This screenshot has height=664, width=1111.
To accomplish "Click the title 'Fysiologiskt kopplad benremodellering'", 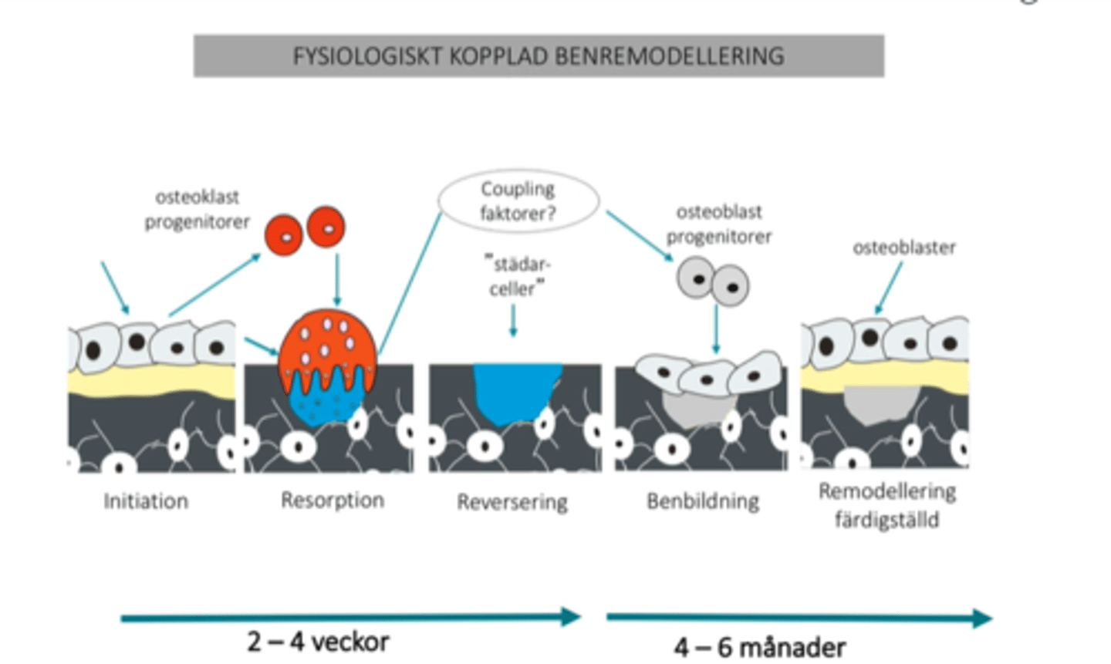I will pyautogui.click(x=538, y=56).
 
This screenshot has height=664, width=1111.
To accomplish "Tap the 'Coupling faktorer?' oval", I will pyautogui.click(x=518, y=201).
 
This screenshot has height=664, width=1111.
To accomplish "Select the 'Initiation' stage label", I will pyautogui.click(x=146, y=501).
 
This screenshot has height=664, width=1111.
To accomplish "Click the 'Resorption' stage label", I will pyautogui.click(x=332, y=501).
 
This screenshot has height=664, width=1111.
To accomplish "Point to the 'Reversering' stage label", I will pyautogui.click(x=512, y=502).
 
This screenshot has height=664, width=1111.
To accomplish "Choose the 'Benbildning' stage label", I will pyautogui.click(x=702, y=501).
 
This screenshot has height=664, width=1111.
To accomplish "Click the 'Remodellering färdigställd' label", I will pyautogui.click(x=886, y=505).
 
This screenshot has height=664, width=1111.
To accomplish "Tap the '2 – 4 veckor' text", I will pyautogui.click(x=318, y=642).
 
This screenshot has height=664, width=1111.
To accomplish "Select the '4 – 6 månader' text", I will pyautogui.click(x=759, y=647).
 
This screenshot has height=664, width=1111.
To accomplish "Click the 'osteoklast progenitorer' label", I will pyautogui.click(x=198, y=209).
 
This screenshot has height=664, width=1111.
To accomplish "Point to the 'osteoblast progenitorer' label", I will pyautogui.click(x=718, y=224).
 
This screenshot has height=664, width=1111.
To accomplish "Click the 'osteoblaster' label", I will pyautogui.click(x=903, y=248).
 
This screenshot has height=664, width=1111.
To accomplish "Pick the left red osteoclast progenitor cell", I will pyautogui.click(x=283, y=234).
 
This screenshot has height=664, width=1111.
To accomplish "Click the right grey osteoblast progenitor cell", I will pyautogui.click(x=730, y=286).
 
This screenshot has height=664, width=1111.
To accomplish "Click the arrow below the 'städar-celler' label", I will pyautogui.click(x=513, y=320).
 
